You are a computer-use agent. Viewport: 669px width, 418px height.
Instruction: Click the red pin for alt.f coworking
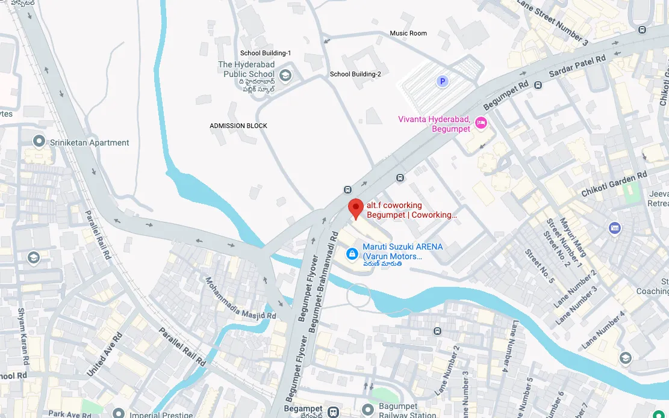point(356,208)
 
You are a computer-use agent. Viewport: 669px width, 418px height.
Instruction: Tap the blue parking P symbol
point(443,81)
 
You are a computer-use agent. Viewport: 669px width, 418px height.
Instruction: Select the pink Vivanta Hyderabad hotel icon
point(481,123)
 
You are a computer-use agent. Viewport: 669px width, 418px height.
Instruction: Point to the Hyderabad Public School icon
point(285,75)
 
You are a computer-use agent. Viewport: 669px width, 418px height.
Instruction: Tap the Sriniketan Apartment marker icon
point(39,142)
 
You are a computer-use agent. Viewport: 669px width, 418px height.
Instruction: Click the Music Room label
point(408,33)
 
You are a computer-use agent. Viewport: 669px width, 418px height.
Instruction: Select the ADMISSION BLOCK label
point(238,126)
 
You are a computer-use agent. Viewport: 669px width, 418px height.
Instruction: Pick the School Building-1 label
point(266,53)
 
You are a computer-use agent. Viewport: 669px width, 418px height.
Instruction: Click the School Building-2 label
point(355,74)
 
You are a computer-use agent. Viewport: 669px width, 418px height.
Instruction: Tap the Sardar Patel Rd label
point(577,67)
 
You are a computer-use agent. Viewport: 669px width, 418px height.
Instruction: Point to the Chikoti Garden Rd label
point(614,183)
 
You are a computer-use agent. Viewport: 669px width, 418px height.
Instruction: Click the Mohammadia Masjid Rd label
point(240,298)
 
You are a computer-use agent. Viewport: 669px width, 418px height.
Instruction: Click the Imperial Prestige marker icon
point(119,414)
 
